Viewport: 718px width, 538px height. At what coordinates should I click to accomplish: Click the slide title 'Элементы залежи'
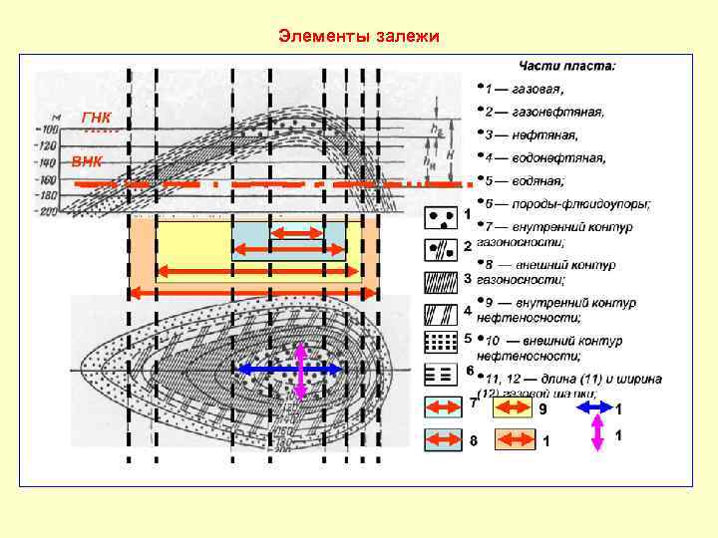click(x=359, y=37)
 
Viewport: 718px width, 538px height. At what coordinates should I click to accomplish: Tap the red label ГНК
click(x=97, y=118)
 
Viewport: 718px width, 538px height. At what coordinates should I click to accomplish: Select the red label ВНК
click(x=86, y=161)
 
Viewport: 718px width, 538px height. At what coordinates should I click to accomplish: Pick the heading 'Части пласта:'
click(x=565, y=66)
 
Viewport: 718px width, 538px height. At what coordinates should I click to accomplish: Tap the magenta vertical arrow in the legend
click(x=597, y=435)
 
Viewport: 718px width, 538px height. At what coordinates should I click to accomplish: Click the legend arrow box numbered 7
click(x=443, y=407)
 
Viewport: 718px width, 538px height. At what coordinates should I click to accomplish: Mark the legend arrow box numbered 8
click(x=443, y=438)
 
